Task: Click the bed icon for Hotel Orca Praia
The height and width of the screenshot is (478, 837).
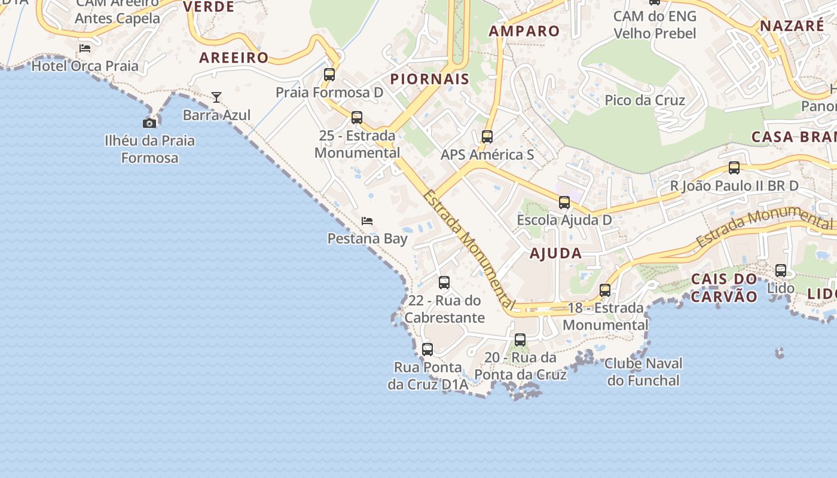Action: coord(85,48)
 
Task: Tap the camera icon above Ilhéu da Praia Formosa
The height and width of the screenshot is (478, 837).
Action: coord(149,124)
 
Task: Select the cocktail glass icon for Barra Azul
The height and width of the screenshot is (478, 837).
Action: coord(216,97)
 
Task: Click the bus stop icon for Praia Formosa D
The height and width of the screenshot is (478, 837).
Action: coord(329,75)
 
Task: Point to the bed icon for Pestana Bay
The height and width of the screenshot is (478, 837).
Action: coord(367,221)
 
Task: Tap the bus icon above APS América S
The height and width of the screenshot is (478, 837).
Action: coord(487,137)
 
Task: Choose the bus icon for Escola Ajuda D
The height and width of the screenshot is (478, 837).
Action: coord(564,203)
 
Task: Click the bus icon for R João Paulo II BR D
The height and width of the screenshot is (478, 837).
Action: coord(734,168)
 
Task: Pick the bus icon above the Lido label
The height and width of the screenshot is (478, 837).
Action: coord(781,271)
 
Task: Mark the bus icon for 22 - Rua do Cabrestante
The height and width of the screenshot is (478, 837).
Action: coord(444,283)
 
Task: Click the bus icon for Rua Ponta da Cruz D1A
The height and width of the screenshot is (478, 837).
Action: coord(427,350)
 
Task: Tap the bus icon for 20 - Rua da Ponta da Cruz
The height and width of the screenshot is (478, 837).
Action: coord(520,340)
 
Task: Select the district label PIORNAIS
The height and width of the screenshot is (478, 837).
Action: coord(430,79)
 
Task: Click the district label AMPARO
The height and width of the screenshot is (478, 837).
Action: coord(524,31)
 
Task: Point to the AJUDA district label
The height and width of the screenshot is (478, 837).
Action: coord(556,253)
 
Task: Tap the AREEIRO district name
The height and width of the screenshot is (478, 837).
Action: coord(234,58)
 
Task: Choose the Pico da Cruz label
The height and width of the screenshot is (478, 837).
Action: coord(645,100)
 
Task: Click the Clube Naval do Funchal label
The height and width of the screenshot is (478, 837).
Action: coord(643,372)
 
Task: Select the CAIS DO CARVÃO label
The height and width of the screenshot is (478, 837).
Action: coord(724,287)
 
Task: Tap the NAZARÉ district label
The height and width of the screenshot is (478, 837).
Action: coord(792,26)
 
